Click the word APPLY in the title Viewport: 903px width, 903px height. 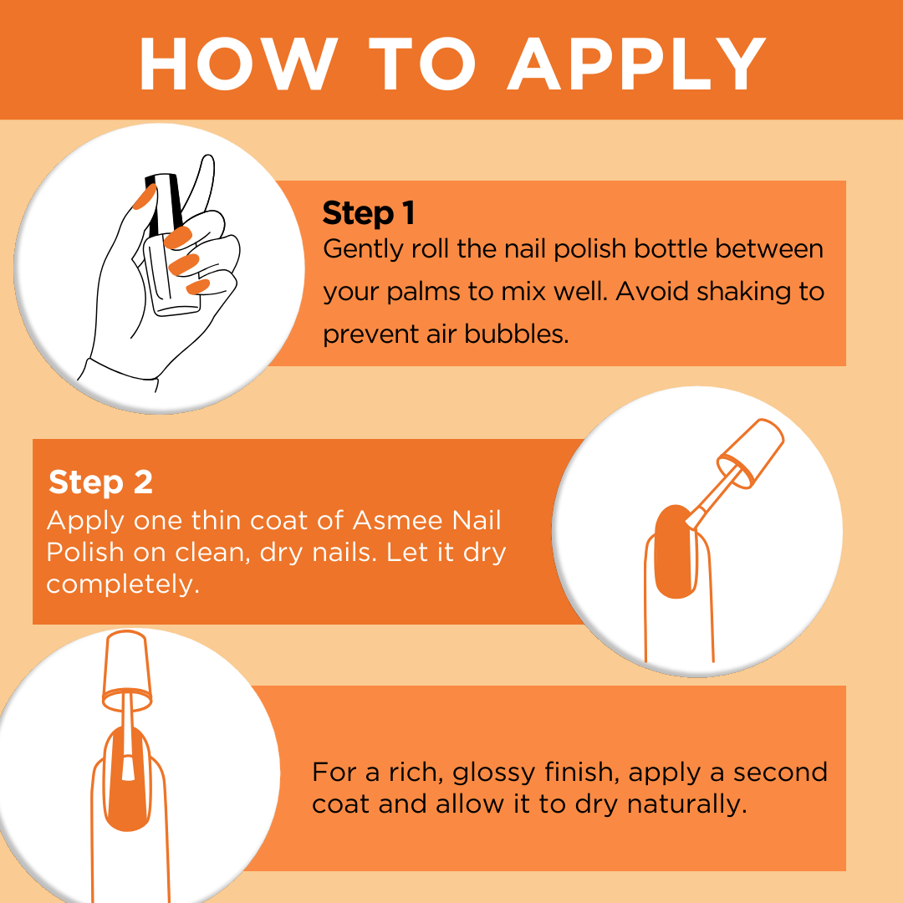coord(636,64)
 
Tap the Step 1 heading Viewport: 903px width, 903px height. coord(369,212)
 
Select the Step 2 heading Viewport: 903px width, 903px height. coord(101,482)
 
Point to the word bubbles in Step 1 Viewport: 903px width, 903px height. coord(516,334)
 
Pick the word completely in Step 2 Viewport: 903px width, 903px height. coord(123,584)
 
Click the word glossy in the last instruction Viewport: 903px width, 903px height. coord(494,773)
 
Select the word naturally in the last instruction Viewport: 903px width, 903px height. coord(686,804)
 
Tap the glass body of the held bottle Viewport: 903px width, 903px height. coord(170,277)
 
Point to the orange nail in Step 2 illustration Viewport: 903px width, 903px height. coord(675,553)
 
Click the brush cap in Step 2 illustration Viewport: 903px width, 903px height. coord(751,453)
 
